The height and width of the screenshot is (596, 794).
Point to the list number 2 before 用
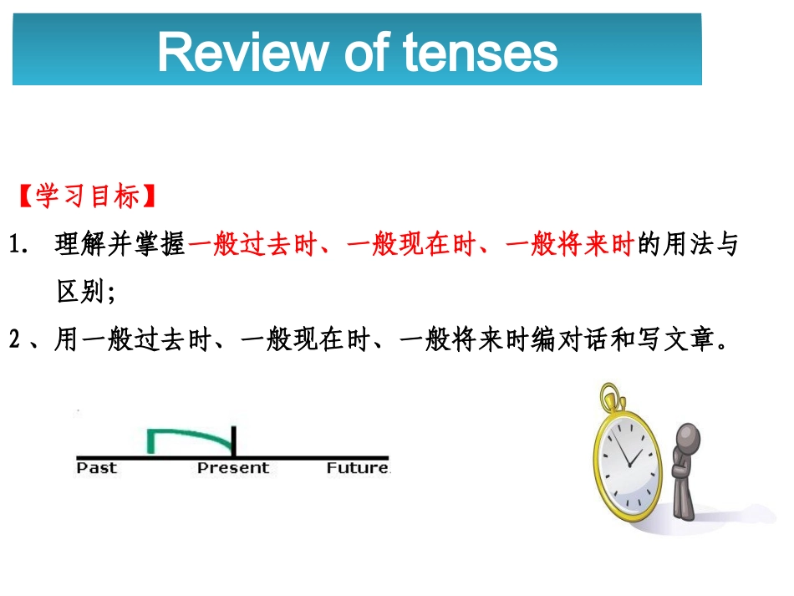pos(14,340)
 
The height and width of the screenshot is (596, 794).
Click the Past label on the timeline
pos(96,468)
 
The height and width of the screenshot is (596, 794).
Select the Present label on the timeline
pos(233,468)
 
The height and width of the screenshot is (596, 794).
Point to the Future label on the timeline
pos(357,468)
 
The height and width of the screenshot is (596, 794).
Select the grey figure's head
pos(689,439)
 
